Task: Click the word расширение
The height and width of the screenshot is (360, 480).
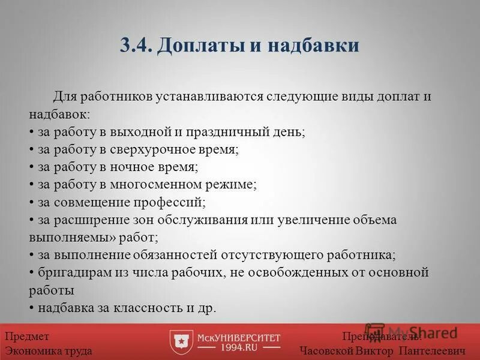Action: [x=93, y=220]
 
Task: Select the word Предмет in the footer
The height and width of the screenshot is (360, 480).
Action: [x=27, y=337]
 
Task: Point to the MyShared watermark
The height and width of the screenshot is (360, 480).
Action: [x=414, y=331]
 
